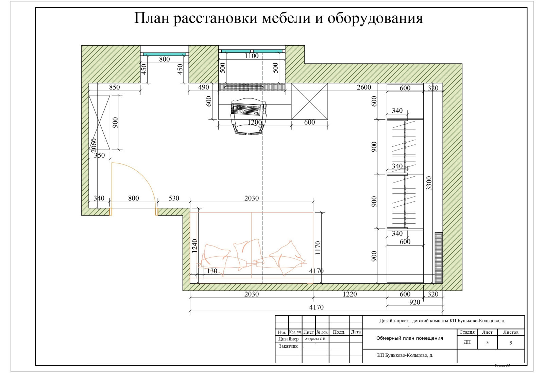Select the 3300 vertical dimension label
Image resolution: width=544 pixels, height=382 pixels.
(429, 183)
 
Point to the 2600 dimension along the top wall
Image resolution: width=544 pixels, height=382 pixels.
(364, 87)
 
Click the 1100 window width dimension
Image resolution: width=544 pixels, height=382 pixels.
(252, 56)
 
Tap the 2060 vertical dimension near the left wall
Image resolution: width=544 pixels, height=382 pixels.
(94, 144)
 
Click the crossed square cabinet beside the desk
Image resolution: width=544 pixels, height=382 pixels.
(309, 101)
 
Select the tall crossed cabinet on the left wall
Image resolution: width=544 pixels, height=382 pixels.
(99, 123)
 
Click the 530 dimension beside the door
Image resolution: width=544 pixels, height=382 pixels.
(174, 198)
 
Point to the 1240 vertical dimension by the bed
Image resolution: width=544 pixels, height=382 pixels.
(194, 246)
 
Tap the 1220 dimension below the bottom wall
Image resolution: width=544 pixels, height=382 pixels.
(350, 294)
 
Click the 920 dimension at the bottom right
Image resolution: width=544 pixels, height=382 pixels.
(414, 302)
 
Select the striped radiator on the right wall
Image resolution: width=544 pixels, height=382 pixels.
(439, 258)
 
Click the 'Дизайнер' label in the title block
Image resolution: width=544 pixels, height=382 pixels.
(288, 339)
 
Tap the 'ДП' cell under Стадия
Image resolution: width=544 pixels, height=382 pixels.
(467, 342)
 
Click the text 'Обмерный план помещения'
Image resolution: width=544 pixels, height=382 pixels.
(409, 338)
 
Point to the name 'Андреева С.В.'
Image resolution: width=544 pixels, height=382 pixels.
(315, 339)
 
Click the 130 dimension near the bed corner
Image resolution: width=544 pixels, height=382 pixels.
(212, 271)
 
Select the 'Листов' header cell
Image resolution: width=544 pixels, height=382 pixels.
(511, 332)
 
